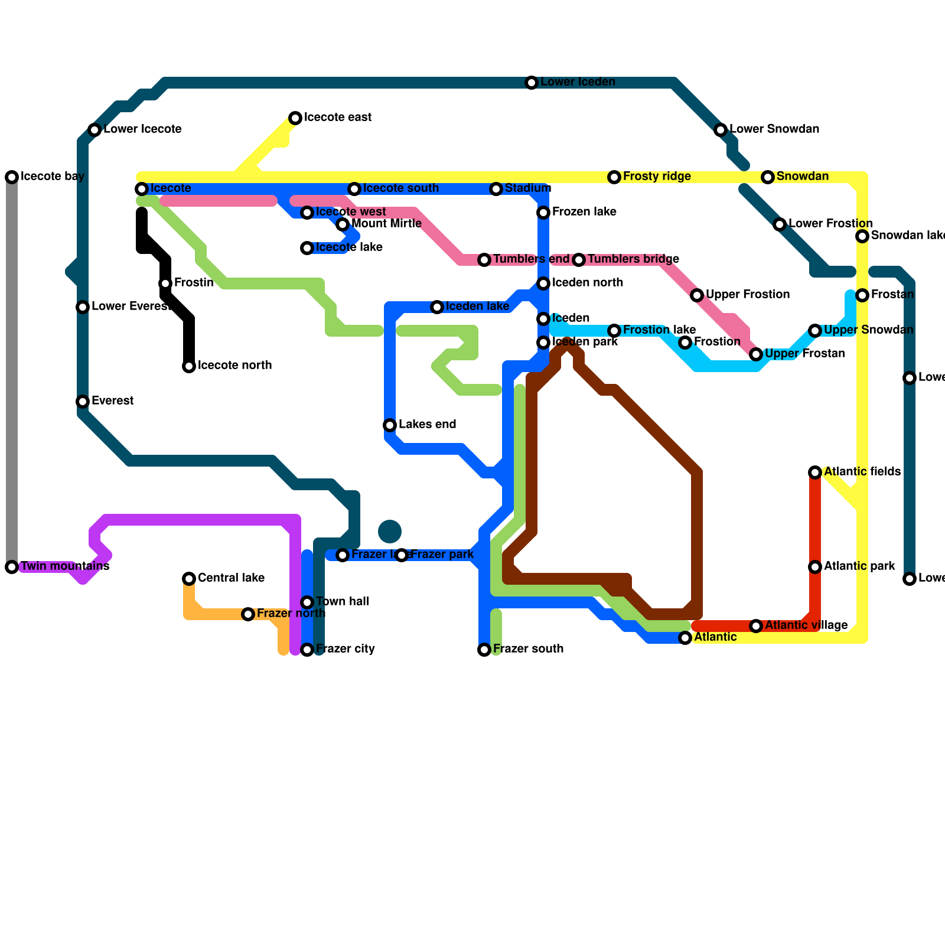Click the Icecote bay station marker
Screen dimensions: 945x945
click(x=12, y=177)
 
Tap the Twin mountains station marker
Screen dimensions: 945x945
click(x=12, y=567)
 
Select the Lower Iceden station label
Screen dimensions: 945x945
click(x=578, y=82)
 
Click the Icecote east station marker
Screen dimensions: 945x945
click(x=295, y=118)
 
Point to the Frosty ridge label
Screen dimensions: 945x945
click(x=657, y=177)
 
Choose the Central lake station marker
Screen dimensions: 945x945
click(x=189, y=579)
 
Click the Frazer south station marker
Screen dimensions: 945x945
click(x=484, y=650)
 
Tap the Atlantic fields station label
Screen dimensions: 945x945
click(x=862, y=472)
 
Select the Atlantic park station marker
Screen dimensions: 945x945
click(x=815, y=567)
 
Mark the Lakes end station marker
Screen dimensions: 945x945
click(x=390, y=425)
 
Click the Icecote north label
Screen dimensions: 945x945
click(x=234, y=366)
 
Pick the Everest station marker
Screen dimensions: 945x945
click(x=83, y=402)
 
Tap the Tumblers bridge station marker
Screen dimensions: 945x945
click(x=579, y=260)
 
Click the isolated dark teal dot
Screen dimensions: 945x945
click(x=390, y=532)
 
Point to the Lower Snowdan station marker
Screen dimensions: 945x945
click(x=721, y=130)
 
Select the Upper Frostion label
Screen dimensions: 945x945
click(x=748, y=295)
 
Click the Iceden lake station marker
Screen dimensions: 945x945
click(x=437, y=307)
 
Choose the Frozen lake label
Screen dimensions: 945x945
click(x=584, y=212)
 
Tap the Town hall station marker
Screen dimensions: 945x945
click(x=307, y=602)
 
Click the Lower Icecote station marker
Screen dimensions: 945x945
click(x=94, y=130)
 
